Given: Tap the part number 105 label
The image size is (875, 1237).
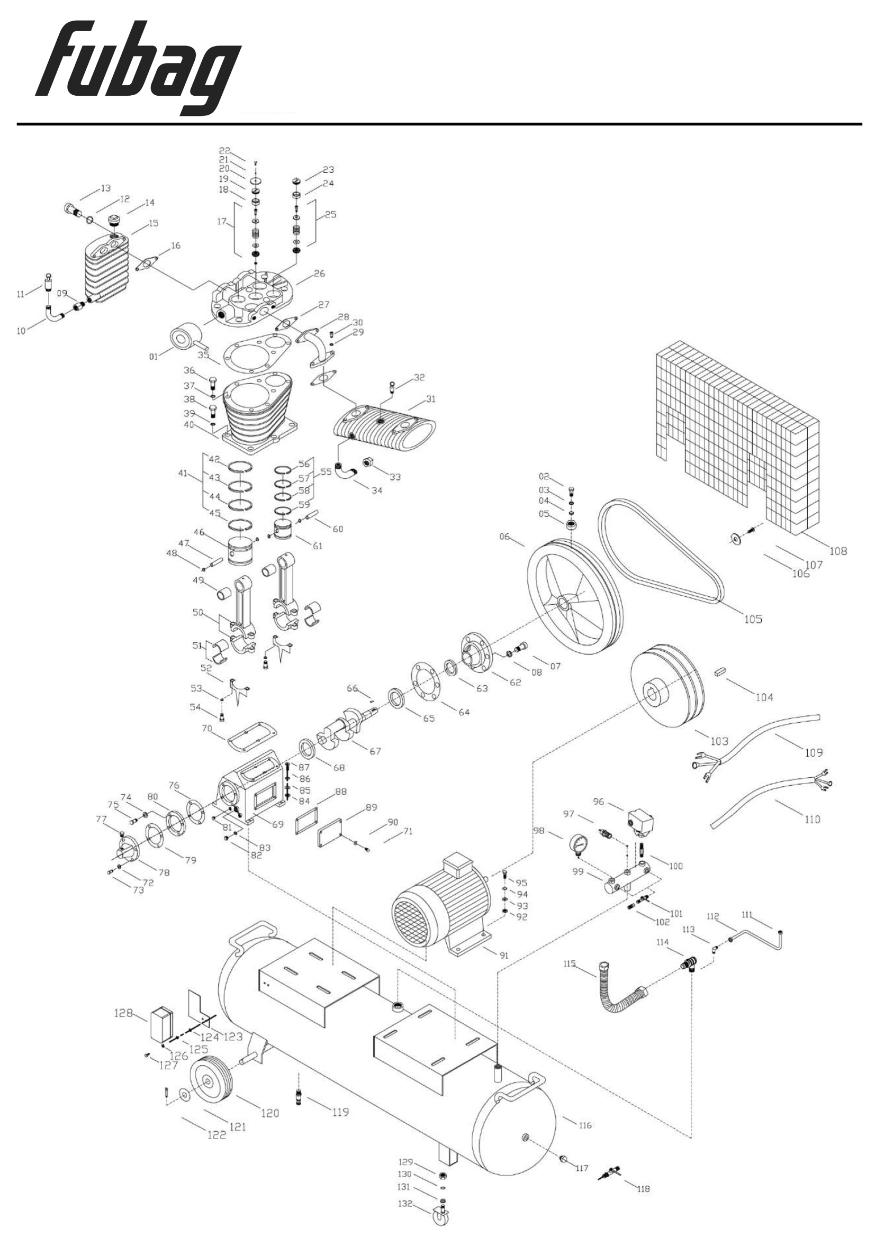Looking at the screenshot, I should click(x=753, y=619).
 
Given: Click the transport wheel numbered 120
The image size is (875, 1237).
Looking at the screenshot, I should click(x=211, y=1080).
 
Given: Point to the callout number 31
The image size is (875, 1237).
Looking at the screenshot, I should click(x=430, y=399).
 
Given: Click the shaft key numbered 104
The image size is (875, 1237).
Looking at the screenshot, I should click(x=720, y=672).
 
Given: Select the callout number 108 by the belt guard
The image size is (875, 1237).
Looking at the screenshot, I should click(x=838, y=551).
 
